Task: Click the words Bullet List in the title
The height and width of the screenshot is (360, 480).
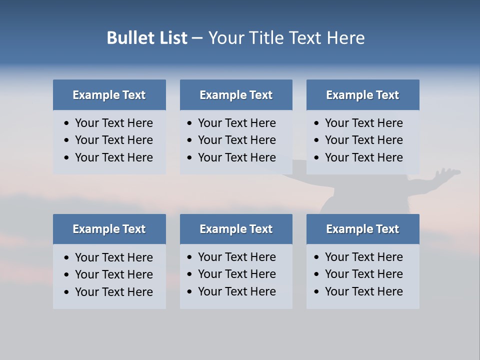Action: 147,38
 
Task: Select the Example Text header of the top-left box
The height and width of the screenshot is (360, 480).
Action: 109,95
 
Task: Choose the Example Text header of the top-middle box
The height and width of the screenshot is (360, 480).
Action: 236,95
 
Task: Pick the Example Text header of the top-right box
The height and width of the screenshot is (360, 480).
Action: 362,95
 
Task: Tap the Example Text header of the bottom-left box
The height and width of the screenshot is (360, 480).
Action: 109,229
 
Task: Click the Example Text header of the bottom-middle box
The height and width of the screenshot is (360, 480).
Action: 236,229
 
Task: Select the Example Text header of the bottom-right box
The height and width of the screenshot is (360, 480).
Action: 362,229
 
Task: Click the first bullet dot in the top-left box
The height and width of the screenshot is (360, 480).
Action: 67,123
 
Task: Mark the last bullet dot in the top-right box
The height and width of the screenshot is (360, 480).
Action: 317,158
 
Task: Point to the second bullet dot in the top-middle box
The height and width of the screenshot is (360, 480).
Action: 190,140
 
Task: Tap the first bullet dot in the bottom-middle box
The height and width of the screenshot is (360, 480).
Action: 190,257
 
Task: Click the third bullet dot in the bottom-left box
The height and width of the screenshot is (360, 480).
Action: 67,292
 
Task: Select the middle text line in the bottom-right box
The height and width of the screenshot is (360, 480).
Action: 363,274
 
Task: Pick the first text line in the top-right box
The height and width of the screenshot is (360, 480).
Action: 363,123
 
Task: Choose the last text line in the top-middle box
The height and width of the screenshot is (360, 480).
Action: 236,157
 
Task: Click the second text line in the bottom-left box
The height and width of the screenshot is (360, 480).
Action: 113,274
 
